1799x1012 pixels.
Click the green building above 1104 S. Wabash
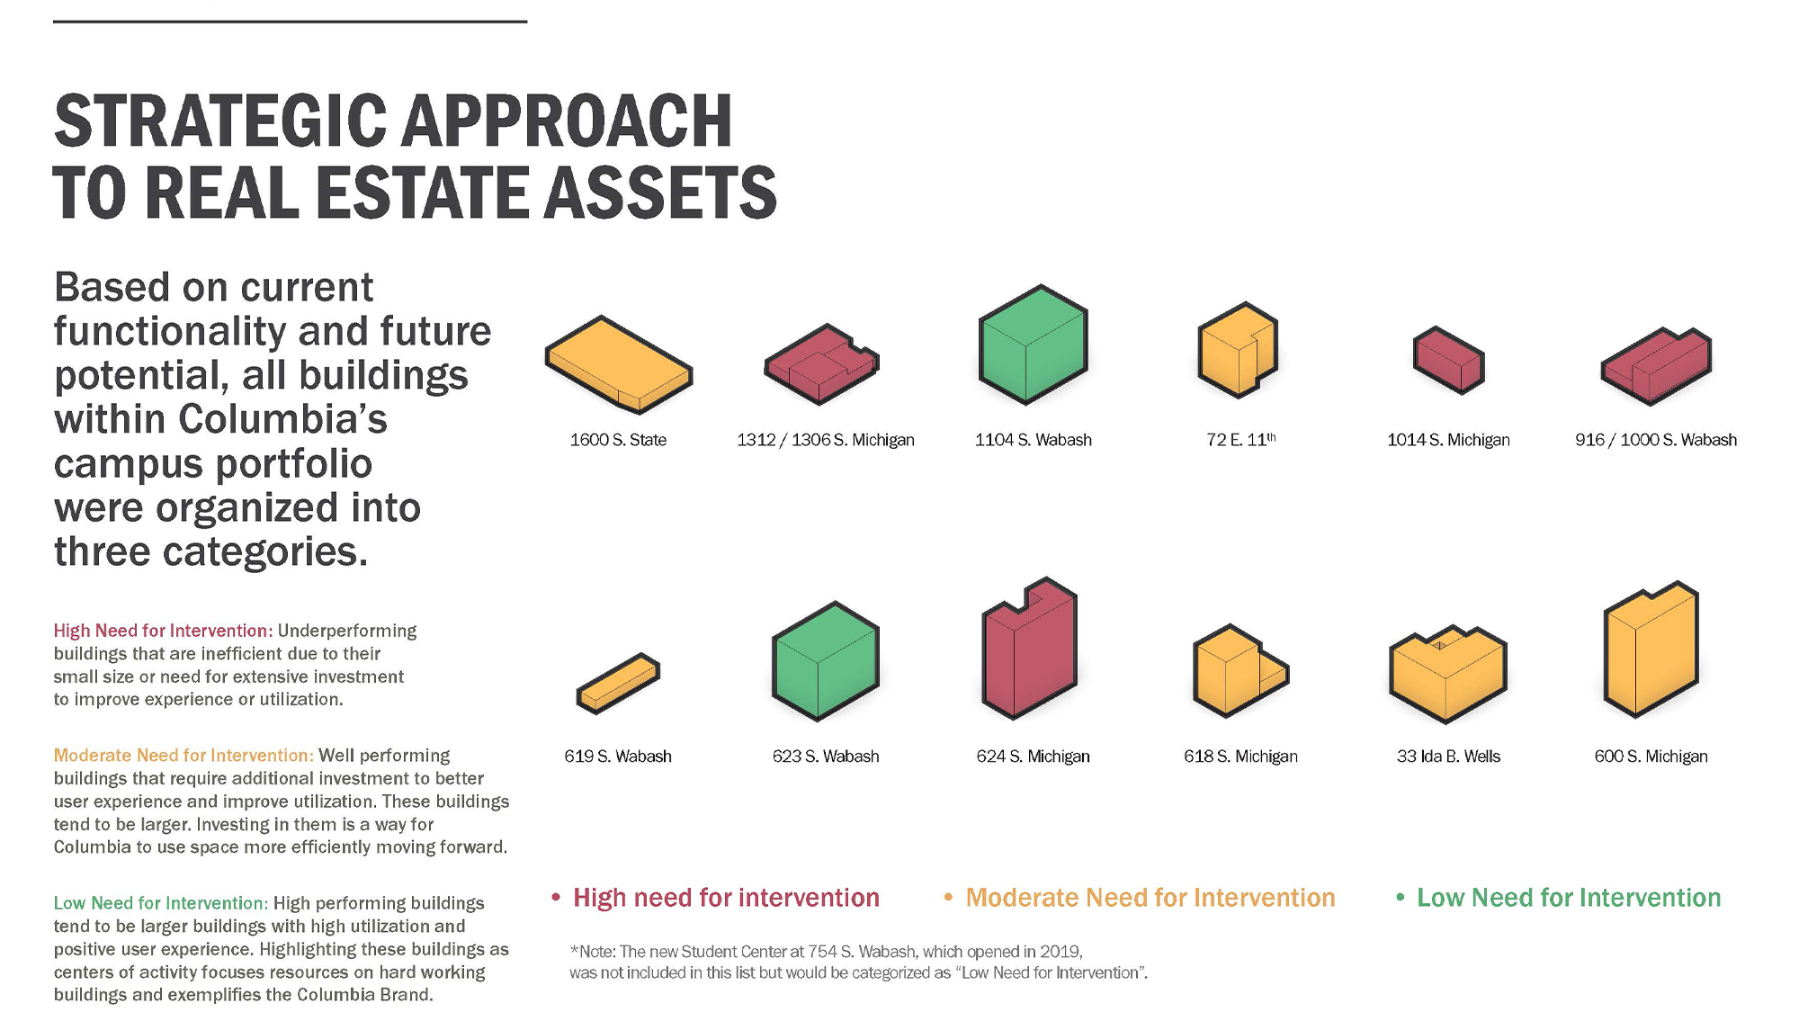[x=1033, y=344]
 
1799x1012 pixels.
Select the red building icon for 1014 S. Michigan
[x=1448, y=360]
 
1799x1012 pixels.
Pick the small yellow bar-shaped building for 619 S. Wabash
[x=618, y=684]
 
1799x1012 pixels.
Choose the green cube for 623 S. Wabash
[x=825, y=661]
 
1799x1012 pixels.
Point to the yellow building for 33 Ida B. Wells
[x=1447, y=675]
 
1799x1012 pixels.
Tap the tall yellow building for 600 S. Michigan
[x=1651, y=649]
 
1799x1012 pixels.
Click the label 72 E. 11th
[x=1240, y=440]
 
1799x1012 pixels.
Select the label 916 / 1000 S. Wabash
[x=1656, y=440]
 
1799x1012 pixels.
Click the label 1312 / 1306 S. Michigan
[x=826, y=440]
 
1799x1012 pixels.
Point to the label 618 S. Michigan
[x=1240, y=757]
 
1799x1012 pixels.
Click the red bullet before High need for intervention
[x=556, y=898]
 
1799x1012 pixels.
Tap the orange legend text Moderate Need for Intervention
[x=1150, y=898]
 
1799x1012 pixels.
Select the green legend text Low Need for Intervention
[x=1569, y=898]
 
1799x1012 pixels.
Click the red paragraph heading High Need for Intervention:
[x=163, y=631]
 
